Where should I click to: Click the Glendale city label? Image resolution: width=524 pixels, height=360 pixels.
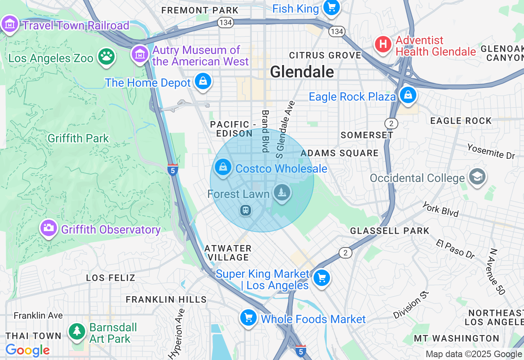pyautogui.click(x=302, y=72)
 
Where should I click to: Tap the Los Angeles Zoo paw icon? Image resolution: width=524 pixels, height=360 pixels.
pyautogui.click(x=106, y=56)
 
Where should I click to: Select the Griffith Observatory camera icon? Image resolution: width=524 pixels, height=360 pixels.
pyautogui.click(x=49, y=228)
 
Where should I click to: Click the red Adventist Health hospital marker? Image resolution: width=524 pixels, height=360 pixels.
pyautogui.click(x=384, y=44)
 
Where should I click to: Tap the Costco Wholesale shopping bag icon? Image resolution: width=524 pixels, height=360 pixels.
pyautogui.click(x=223, y=167)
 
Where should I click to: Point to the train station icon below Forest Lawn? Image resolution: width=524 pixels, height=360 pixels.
pyautogui.click(x=246, y=210)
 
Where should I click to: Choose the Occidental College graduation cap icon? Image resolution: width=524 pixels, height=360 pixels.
pyautogui.click(x=477, y=177)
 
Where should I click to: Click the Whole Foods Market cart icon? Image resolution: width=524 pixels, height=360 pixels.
pyautogui.click(x=248, y=317)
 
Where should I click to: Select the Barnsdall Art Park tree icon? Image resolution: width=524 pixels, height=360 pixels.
pyautogui.click(x=77, y=331)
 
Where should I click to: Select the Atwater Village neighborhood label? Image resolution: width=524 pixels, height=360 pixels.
pyautogui.click(x=228, y=253)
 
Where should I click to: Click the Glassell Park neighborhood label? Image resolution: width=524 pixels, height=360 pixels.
pyautogui.click(x=389, y=231)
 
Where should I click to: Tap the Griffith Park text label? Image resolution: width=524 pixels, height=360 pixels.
pyautogui.click(x=78, y=138)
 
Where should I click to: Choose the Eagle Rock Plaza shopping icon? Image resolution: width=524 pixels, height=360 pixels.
pyautogui.click(x=408, y=95)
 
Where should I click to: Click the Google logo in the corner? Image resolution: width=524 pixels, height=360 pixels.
pyautogui.click(x=27, y=350)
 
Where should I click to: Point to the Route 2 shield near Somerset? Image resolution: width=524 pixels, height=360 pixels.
pyautogui.click(x=391, y=123)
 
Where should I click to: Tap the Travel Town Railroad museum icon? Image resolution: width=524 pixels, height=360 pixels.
pyautogui.click(x=9, y=24)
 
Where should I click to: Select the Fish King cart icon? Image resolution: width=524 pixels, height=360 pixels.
pyautogui.click(x=331, y=7)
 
